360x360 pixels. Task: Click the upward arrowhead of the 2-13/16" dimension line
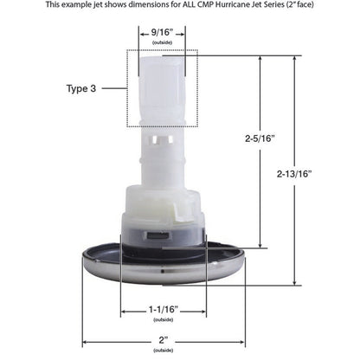(295, 60)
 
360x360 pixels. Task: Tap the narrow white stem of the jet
(162, 152)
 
